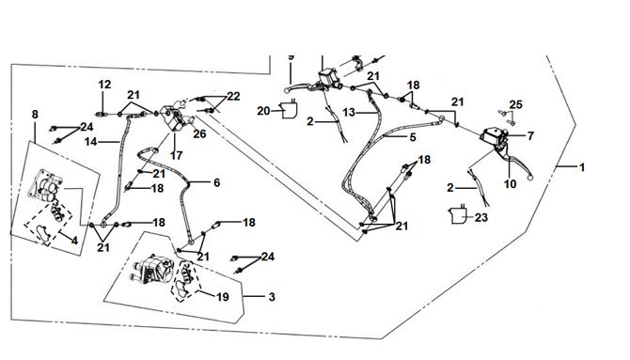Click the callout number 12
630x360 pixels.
pos(104,85)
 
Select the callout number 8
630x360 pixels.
pos(35,115)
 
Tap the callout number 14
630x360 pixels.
pos(91,142)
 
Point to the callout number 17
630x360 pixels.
pos(177,155)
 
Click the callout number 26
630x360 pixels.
pos(199,133)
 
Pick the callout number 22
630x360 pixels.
pos(233,97)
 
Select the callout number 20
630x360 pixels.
pos(263,111)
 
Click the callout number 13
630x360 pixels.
pos(349,113)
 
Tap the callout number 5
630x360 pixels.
pos(413,137)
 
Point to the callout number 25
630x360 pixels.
pos(516,105)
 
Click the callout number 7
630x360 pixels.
pos(530,136)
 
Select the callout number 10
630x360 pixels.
pos(511,184)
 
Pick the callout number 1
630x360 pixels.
pos(582,167)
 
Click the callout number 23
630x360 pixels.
pos(481,218)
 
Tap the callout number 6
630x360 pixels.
pos(217,182)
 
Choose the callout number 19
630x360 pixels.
pos(223,297)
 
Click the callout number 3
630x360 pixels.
pos(272,297)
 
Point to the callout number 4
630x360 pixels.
pos(74,241)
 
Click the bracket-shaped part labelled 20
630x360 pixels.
pos(290,110)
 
